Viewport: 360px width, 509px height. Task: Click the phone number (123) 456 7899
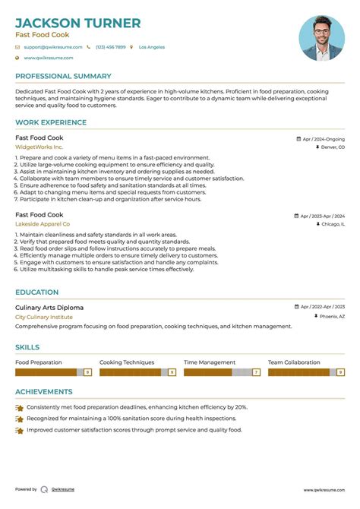coord(110,47)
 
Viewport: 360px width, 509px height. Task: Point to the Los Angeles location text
coord(151,47)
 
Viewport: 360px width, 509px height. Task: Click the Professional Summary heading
coord(62,76)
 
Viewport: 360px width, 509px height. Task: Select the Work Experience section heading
coord(51,122)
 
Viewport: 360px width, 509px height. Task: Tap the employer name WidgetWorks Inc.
coord(39,147)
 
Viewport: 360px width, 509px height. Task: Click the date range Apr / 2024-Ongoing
coord(323,139)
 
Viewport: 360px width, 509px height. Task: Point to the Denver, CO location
coord(332,147)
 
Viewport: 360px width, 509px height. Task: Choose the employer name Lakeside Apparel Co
coord(43,224)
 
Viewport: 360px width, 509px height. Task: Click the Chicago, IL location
coord(332,225)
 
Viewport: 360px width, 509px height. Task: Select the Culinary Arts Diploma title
coord(49,307)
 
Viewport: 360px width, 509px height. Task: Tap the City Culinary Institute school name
coord(44,317)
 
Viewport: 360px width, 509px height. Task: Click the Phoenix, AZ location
coord(331,316)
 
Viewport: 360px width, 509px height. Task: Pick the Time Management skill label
coord(210,362)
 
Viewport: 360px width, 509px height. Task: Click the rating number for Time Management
coord(256,372)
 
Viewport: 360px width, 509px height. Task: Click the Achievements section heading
coord(44,392)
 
